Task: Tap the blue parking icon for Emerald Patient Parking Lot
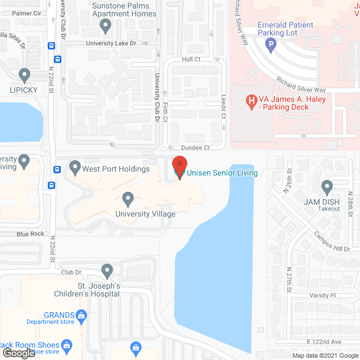click(x=271, y=46)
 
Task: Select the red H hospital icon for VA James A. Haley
click(x=252, y=101)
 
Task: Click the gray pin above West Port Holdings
click(x=75, y=167)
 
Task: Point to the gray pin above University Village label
click(x=128, y=199)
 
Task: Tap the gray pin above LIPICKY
click(x=24, y=74)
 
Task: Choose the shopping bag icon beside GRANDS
click(x=82, y=315)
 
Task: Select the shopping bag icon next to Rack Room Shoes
click(x=66, y=345)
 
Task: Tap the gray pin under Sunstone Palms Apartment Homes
click(x=105, y=25)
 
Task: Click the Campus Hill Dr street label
click(x=332, y=241)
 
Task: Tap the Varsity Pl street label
click(x=322, y=295)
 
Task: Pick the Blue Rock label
click(x=30, y=234)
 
